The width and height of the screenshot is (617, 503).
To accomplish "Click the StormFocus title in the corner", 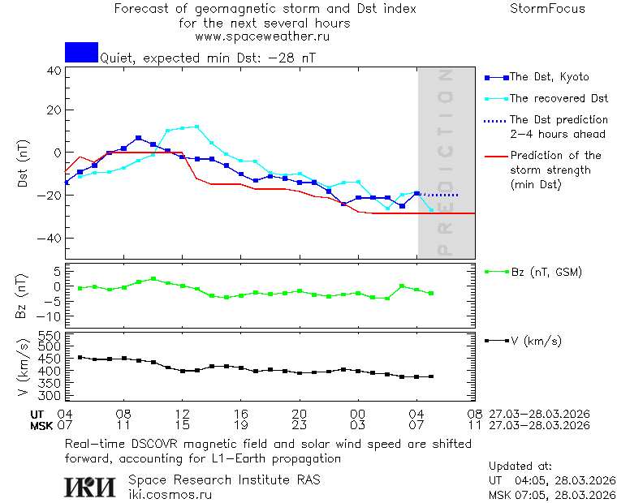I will pyautogui.click(x=547, y=9).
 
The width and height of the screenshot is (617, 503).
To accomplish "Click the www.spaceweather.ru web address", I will pyautogui.click(x=262, y=37).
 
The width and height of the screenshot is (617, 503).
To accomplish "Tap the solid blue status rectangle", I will pyautogui.click(x=81, y=52).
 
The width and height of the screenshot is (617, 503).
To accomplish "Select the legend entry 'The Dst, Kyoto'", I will pyautogui.click(x=549, y=77).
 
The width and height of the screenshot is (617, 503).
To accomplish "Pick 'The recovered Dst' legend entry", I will pyautogui.click(x=559, y=98).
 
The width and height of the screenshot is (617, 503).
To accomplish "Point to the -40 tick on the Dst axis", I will pyautogui.click(x=51, y=239).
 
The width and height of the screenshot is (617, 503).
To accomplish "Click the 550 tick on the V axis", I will pyautogui.click(x=50, y=336).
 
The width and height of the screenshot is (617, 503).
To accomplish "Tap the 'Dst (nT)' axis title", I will pyautogui.click(x=24, y=165).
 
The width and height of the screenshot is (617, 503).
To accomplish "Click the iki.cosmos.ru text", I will pyautogui.click(x=170, y=494).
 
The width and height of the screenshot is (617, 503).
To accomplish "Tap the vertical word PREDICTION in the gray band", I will pyautogui.click(x=443, y=162).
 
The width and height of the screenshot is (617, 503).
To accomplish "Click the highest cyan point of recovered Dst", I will pyautogui.click(x=196, y=127).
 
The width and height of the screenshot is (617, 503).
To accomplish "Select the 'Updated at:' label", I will pyautogui.click(x=520, y=466).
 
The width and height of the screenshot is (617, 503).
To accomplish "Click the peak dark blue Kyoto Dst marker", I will pyautogui.click(x=138, y=138).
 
